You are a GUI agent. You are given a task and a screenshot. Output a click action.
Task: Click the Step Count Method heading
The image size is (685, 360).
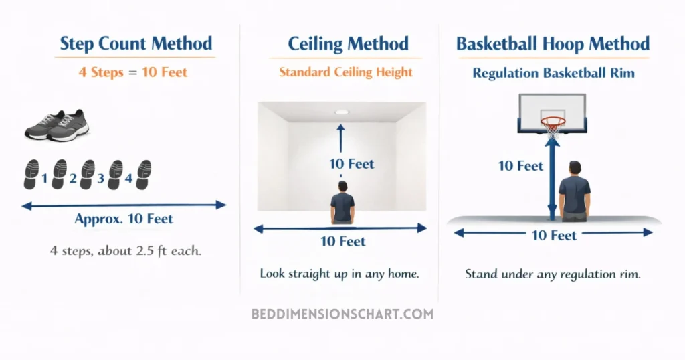click(x=136, y=44)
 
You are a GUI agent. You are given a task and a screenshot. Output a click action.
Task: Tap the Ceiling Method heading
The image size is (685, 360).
click(x=348, y=44)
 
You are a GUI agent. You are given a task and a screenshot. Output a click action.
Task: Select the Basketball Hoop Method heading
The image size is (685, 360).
click(x=553, y=44)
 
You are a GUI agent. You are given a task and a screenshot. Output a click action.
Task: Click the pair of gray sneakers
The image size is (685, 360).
click(x=57, y=124)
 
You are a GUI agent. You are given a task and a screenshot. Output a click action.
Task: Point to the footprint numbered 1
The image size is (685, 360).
click(x=31, y=174)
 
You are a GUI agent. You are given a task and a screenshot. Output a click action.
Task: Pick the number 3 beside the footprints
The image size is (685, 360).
click(x=101, y=179)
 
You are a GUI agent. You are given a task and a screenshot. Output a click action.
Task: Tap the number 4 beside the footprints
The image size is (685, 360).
click(x=129, y=179)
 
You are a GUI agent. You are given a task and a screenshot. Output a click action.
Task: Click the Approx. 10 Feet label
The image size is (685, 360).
click(x=124, y=219)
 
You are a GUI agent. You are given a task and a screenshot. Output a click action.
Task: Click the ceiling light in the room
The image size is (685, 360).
click(x=342, y=112)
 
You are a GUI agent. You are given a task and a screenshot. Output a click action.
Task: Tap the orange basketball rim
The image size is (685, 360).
click(x=553, y=122)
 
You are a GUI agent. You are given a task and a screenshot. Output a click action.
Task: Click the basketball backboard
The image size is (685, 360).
click(x=553, y=110)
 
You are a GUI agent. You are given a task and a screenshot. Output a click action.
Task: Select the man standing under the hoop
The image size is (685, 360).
click(x=574, y=192)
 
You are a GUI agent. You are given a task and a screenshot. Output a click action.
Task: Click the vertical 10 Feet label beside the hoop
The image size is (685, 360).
click(x=520, y=165)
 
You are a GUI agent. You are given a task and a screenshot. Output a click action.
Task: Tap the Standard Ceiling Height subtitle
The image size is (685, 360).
click(x=345, y=72)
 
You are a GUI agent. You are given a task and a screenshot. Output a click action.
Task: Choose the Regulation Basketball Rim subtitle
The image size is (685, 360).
click(x=553, y=73)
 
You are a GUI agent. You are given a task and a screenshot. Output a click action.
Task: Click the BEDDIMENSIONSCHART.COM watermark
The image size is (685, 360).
click(x=342, y=314)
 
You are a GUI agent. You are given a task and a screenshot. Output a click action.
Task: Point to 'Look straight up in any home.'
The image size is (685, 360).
click(x=339, y=274)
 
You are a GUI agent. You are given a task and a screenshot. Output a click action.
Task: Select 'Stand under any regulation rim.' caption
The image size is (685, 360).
click(x=553, y=274)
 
